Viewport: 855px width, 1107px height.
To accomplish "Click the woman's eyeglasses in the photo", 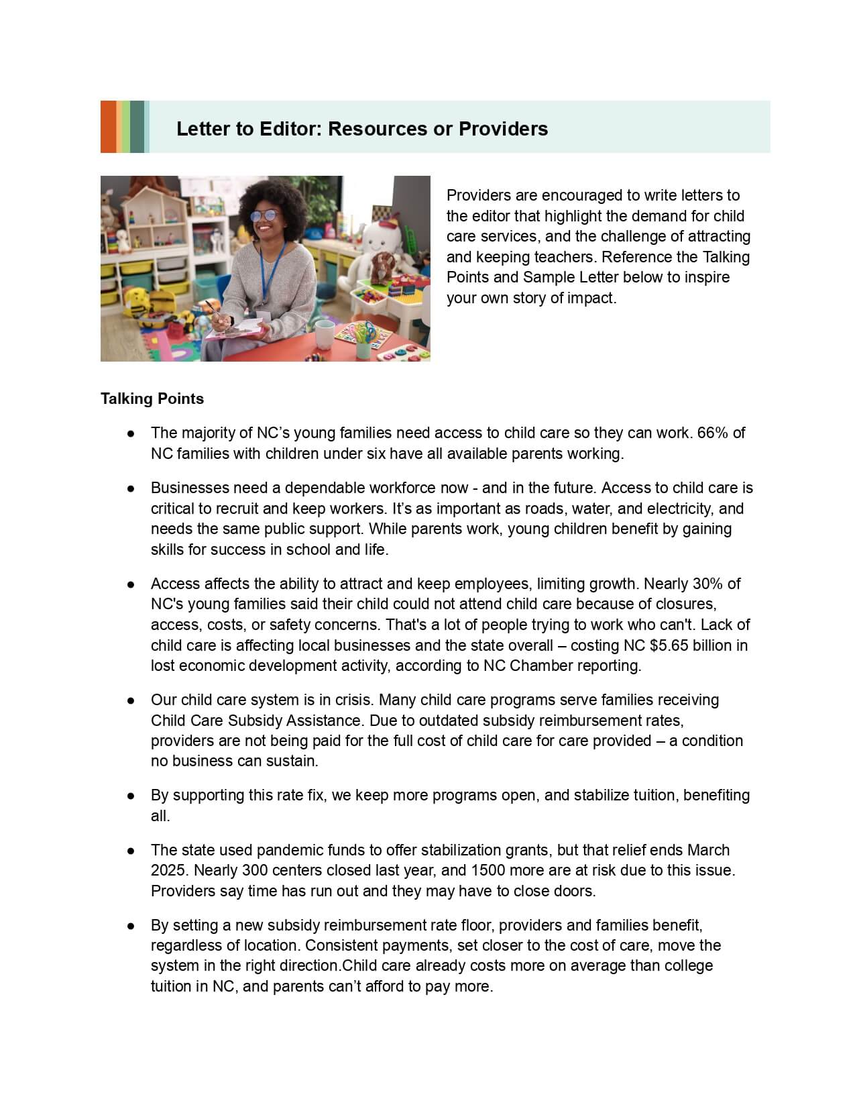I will pyautogui.click(x=266, y=216).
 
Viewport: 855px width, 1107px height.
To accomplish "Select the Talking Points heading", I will pyautogui.click(x=152, y=399).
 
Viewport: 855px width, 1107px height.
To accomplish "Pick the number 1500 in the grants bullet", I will pyautogui.click(x=490, y=870).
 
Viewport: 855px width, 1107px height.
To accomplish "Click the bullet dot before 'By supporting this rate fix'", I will pyautogui.click(x=132, y=796).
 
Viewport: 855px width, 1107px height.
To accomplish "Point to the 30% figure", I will pyautogui.click(x=705, y=584).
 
